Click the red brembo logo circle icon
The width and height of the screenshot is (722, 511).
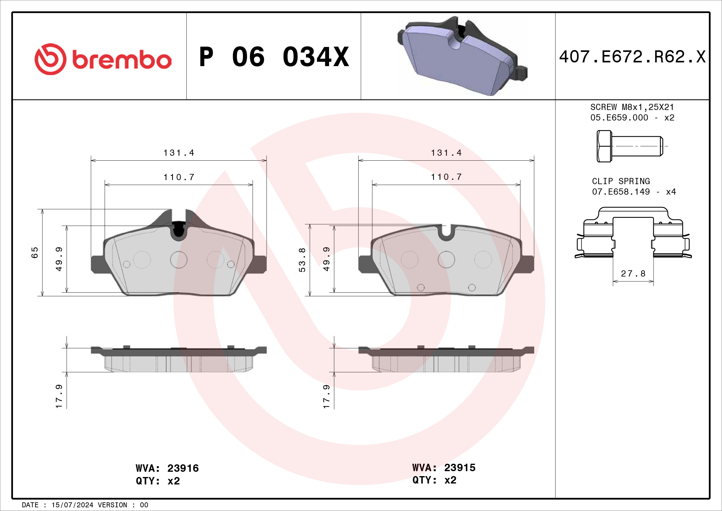[x=50, y=59]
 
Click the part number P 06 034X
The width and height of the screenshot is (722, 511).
[x=274, y=57]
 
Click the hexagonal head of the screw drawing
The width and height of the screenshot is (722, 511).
[x=604, y=146]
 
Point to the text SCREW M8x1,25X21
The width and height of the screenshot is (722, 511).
[x=632, y=107]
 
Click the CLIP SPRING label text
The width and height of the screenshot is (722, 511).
[x=621, y=181]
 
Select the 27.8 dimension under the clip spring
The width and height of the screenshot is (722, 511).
[x=633, y=273]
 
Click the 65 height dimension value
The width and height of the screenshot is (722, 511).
[x=35, y=253]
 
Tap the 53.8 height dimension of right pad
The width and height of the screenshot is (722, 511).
[x=302, y=260]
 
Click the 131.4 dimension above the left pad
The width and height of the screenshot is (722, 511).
[x=179, y=153]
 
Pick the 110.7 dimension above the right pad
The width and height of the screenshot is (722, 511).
[x=446, y=177]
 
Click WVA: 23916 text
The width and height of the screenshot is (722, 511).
[x=167, y=468]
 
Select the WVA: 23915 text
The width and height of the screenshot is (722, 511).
[x=444, y=467]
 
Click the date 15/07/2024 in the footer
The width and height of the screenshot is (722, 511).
[x=72, y=505]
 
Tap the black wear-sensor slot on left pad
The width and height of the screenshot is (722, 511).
[x=178, y=229]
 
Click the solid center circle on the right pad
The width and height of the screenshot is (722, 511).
[x=446, y=260]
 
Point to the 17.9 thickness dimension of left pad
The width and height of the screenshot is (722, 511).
[x=59, y=396]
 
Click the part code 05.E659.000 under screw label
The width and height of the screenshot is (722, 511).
[x=619, y=118]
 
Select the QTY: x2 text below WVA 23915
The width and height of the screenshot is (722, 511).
[x=434, y=480]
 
